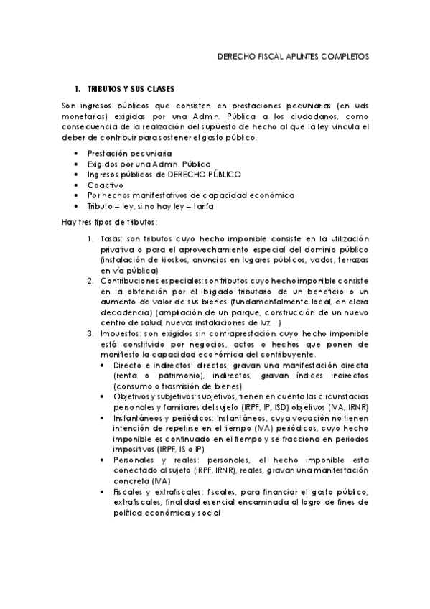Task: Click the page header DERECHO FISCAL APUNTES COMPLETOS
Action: coord(292,55)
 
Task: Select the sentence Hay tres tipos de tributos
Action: coord(109,221)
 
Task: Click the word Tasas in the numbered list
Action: coord(113,238)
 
